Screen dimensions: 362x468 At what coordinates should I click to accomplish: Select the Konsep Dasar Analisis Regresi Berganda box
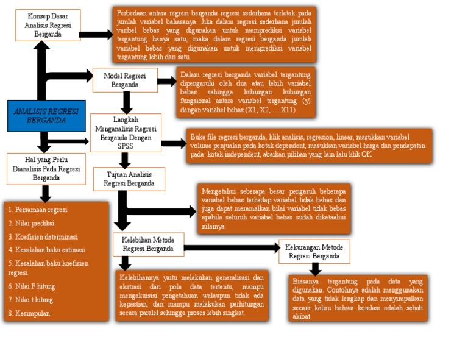(48, 25)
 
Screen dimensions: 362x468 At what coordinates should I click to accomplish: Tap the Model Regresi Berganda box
(125, 80)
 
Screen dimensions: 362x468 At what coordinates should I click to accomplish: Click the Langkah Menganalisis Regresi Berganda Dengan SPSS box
(126, 132)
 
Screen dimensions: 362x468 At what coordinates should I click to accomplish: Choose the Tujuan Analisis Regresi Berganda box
(129, 179)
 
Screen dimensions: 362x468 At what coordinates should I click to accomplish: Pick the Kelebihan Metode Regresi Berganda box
(148, 244)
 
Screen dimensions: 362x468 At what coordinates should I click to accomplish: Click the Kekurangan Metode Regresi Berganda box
(314, 252)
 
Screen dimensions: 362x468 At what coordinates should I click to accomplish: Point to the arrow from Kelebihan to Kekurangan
(232, 248)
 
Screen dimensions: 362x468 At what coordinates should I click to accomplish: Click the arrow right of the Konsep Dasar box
(96, 35)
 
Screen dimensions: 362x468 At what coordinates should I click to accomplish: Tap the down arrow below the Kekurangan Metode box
(315, 269)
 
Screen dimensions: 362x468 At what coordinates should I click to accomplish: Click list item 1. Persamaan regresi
(38, 210)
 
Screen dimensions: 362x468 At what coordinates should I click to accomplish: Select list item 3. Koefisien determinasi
(43, 236)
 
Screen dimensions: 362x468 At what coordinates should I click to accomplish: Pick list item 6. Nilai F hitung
(32, 286)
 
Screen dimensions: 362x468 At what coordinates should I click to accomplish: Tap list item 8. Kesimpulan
(29, 313)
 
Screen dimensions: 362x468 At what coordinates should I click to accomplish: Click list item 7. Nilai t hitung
(30, 300)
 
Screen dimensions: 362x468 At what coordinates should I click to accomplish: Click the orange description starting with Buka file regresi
(310, 145)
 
